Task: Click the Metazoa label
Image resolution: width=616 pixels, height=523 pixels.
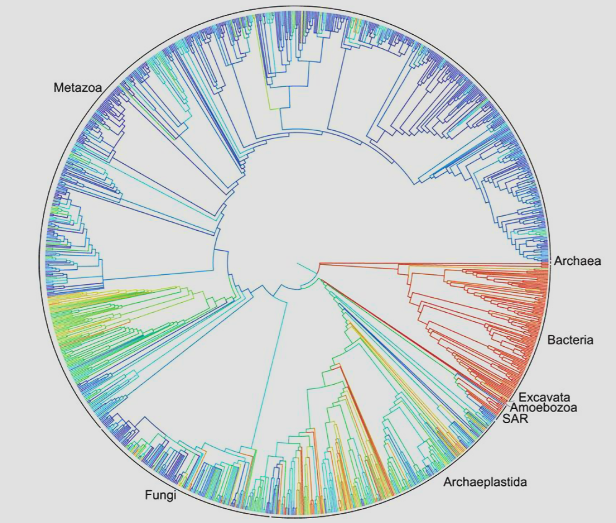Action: [x=77, y=87]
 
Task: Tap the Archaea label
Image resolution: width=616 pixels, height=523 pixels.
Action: [x=578, y=261]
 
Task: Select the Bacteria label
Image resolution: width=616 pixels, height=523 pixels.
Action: [x=570, y=340]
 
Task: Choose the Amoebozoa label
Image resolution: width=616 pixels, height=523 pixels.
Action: [x=543, y=408]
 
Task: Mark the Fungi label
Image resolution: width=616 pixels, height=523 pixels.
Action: [x=161, y=495]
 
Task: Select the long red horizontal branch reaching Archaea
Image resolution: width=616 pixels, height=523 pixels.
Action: [x=434, y=263]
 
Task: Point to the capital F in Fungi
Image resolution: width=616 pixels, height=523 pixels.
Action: [x=148, y=495]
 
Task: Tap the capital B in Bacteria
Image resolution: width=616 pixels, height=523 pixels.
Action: [x=551, y=340]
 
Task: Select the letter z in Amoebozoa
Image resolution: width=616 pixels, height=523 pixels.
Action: [x=561, y=408]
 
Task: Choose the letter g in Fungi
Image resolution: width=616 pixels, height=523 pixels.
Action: [x=167, y=496]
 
